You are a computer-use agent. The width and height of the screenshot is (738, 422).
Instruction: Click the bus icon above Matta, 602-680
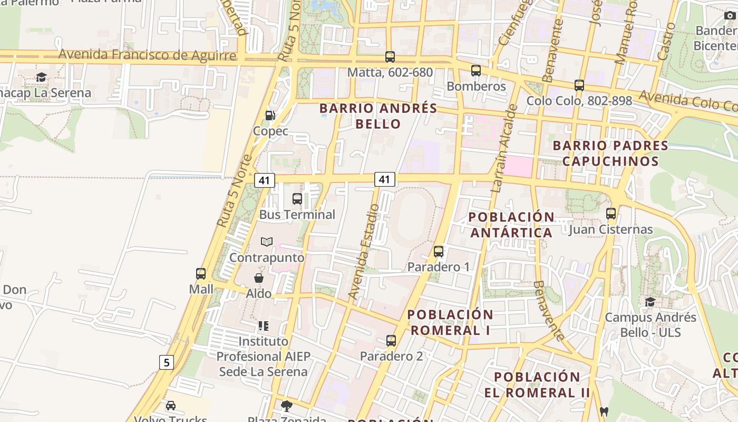[390, 57]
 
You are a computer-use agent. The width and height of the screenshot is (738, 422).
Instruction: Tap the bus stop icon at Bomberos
[476, 71]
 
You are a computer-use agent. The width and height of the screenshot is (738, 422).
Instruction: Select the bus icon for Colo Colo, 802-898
[579, 85]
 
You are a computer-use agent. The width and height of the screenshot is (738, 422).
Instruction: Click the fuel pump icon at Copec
[270, 116]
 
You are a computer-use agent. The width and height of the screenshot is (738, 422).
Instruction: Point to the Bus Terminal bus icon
[297, 199]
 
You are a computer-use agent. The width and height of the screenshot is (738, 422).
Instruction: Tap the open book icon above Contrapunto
[267, 242]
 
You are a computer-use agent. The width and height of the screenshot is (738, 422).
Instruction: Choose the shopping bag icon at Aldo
[259, 278]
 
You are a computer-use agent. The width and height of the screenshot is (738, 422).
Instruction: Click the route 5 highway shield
[167, 362]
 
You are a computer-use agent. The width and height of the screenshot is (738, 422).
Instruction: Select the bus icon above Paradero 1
[439, 252]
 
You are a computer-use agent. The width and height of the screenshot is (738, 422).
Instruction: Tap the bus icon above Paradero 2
[391, 341]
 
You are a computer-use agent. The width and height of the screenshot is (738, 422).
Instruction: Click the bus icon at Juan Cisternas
[611, 214]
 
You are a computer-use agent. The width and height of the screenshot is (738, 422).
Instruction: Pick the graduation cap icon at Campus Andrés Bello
[650, 302]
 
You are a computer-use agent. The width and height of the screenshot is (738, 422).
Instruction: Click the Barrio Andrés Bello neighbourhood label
[378, 116]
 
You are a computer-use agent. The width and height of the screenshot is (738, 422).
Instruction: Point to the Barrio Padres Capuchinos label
[610, 153]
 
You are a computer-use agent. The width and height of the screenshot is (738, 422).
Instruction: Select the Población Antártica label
[511, 225]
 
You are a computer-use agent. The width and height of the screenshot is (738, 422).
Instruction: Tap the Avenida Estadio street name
[363, 252]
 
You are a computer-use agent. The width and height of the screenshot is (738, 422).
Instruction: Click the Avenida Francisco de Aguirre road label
[147, 55]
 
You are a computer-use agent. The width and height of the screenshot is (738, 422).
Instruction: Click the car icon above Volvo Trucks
[171, 406]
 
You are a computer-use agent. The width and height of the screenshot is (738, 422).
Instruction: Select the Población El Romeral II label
[537, 385]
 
